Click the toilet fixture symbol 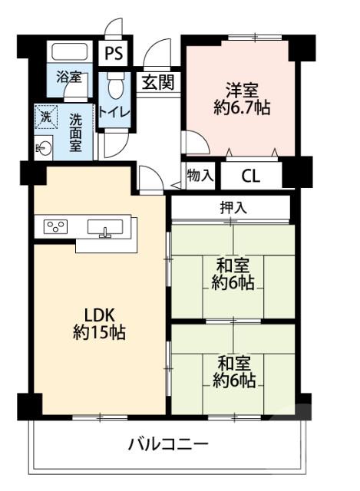[x=115, y=86]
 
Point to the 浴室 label [x=68, y=78]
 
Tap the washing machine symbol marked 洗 [x=45, y=118]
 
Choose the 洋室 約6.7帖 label [x=241, y=98]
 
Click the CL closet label [x=251, y=176]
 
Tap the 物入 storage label [x=200, y=176]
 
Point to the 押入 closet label [x=231, y=207]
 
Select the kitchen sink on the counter [x=106, y=228]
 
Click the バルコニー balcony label [x=167, y=444]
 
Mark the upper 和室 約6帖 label [x=233, y=274]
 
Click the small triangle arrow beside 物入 [x=176, y=184]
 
